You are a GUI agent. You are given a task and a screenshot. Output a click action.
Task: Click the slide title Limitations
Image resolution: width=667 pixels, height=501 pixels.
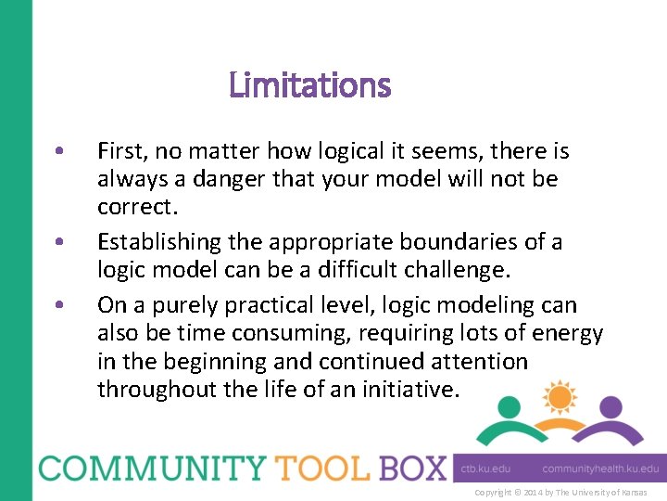click(309, 86)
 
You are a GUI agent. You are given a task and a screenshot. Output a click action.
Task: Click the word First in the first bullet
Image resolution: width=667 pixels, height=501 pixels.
click(120, 150)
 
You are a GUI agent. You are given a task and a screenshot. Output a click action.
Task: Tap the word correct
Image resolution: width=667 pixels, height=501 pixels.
click(135, 207)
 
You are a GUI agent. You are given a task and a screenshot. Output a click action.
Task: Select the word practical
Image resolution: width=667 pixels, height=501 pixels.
click(258, 304)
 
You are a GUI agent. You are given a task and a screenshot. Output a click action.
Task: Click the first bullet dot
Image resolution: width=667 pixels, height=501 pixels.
click(59, 151)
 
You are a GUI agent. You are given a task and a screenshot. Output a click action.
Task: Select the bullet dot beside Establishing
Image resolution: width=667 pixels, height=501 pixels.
click(59, 243)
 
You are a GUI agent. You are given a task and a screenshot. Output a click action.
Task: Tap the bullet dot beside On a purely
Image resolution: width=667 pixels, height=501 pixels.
click(59, 305)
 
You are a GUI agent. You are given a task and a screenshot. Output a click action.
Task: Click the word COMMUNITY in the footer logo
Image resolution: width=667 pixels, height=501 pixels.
click(152, 467)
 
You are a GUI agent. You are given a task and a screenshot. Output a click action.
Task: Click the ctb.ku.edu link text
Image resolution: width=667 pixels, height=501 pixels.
click(485, 469)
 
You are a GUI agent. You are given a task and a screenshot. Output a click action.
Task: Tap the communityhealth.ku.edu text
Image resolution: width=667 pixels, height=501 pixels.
click(600, 469)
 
